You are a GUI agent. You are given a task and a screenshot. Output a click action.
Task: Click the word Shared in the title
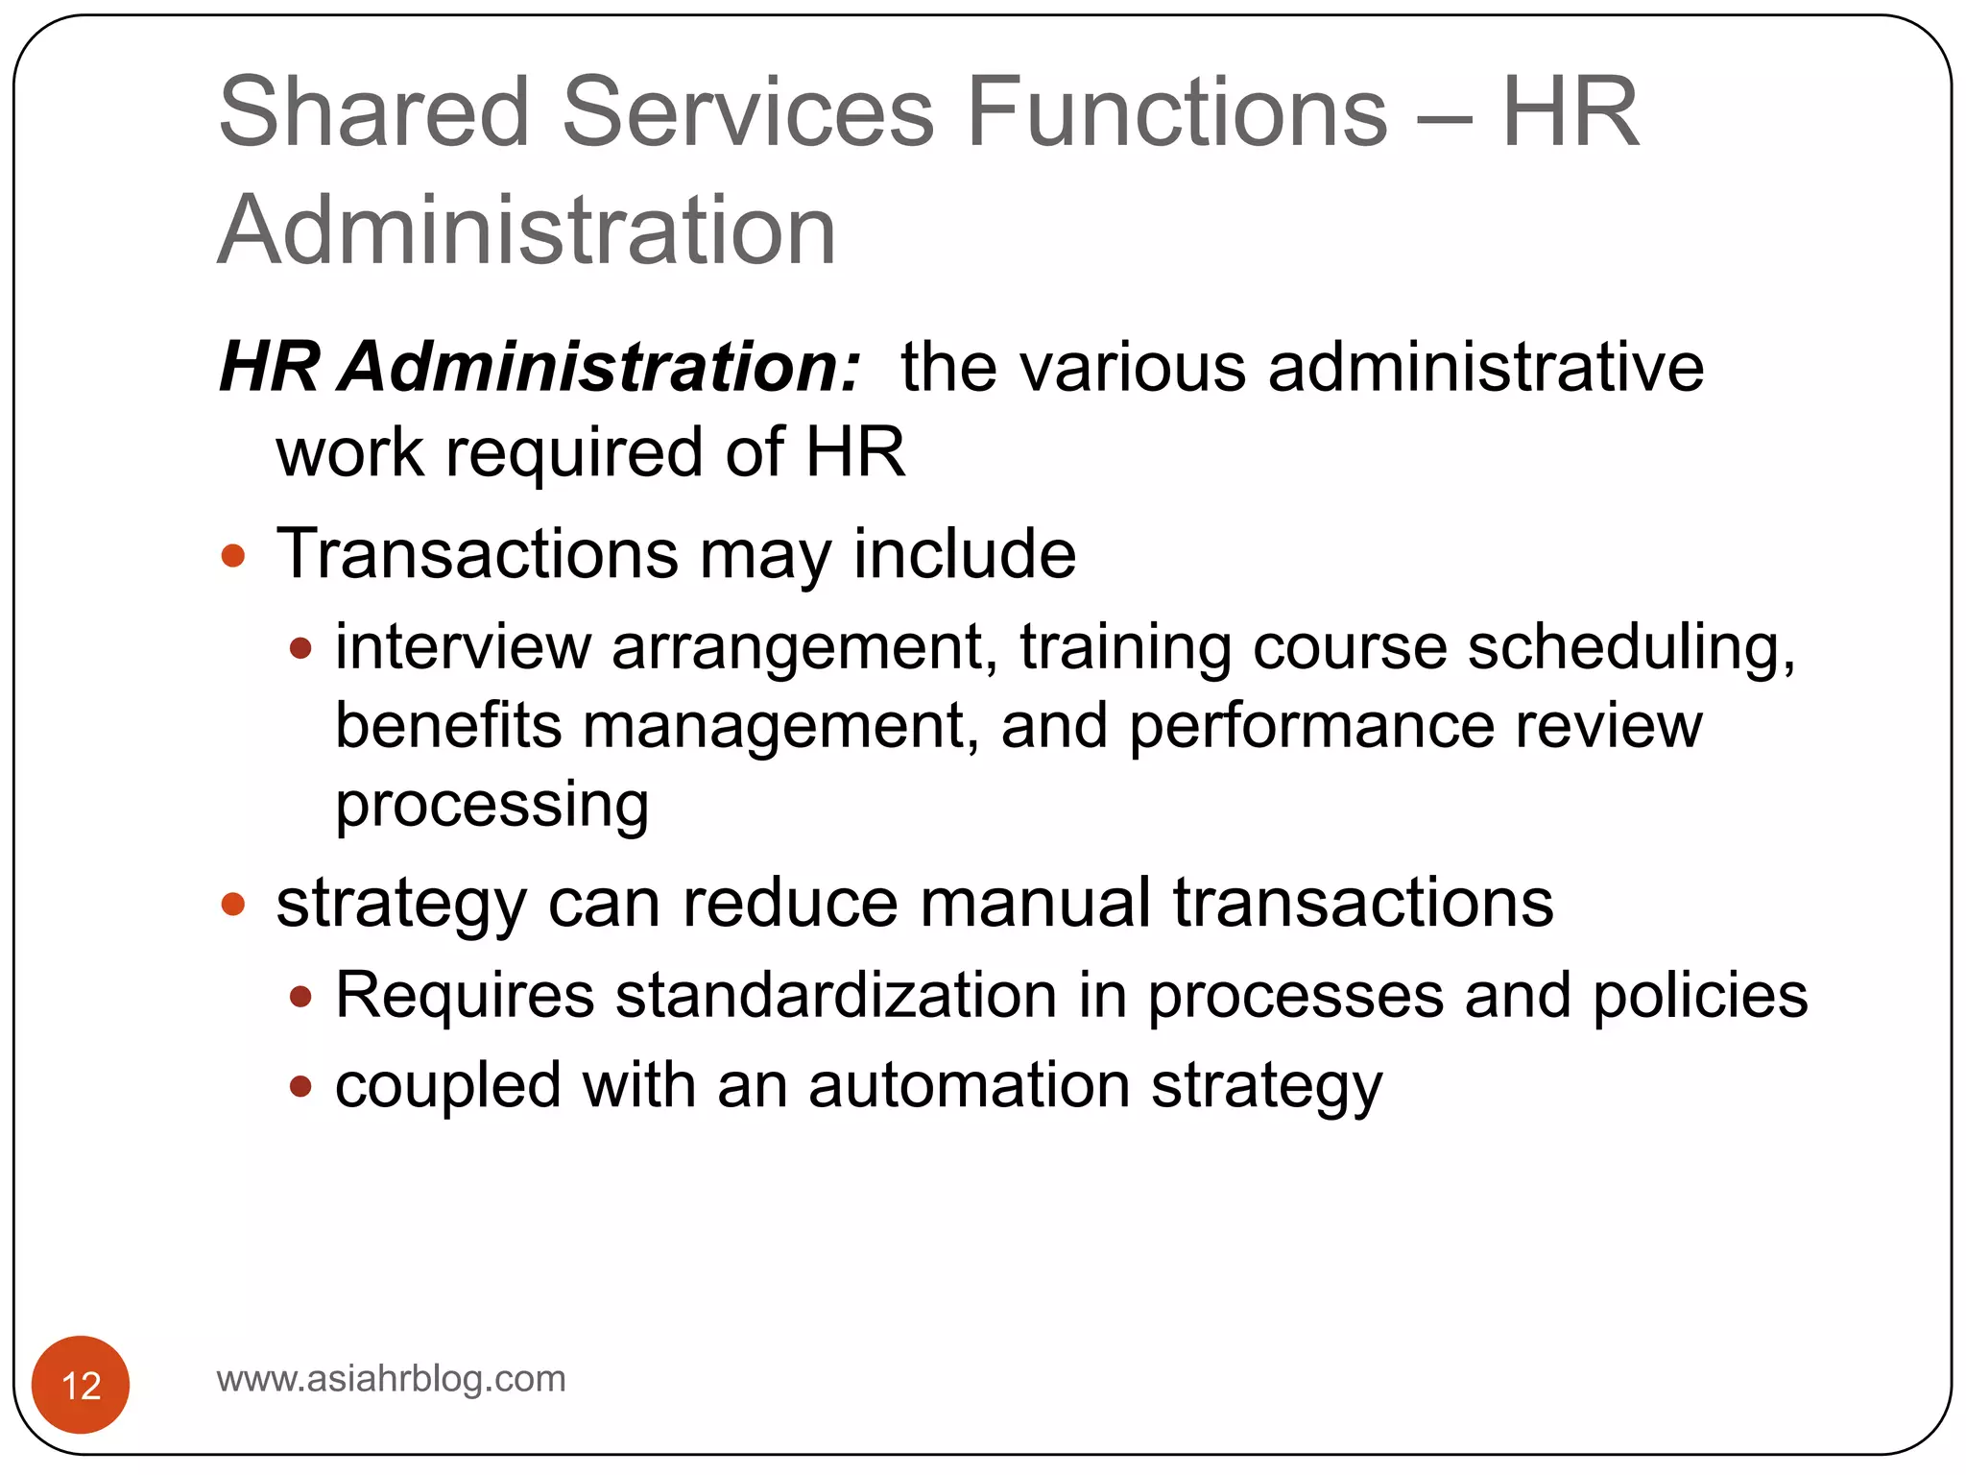click(374, 113)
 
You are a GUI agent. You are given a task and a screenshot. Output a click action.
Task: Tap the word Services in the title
click(748, 113)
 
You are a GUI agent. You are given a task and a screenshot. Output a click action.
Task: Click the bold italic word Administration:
click(600, 367)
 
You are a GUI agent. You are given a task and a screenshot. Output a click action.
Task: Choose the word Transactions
click(477, 554)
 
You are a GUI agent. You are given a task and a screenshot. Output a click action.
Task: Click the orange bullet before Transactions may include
click(233, 556)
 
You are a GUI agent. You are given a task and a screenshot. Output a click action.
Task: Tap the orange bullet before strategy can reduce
click(233, 904)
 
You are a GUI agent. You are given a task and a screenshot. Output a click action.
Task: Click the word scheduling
click(1631, 648)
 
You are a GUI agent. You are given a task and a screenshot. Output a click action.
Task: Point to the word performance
click(1311, 727)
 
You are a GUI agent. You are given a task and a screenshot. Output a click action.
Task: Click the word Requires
click(465, 996)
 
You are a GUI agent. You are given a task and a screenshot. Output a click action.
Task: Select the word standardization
click(836, 995)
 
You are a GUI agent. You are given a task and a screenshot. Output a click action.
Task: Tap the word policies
click(1700, 996)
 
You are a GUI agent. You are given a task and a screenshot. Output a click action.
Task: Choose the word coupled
click(447, 1086)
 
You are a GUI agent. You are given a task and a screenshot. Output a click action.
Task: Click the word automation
click(969, 1085)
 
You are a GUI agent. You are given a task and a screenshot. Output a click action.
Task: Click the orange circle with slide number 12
click(81, 1385)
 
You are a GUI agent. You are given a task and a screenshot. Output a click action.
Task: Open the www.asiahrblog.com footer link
click(392, 1379)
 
